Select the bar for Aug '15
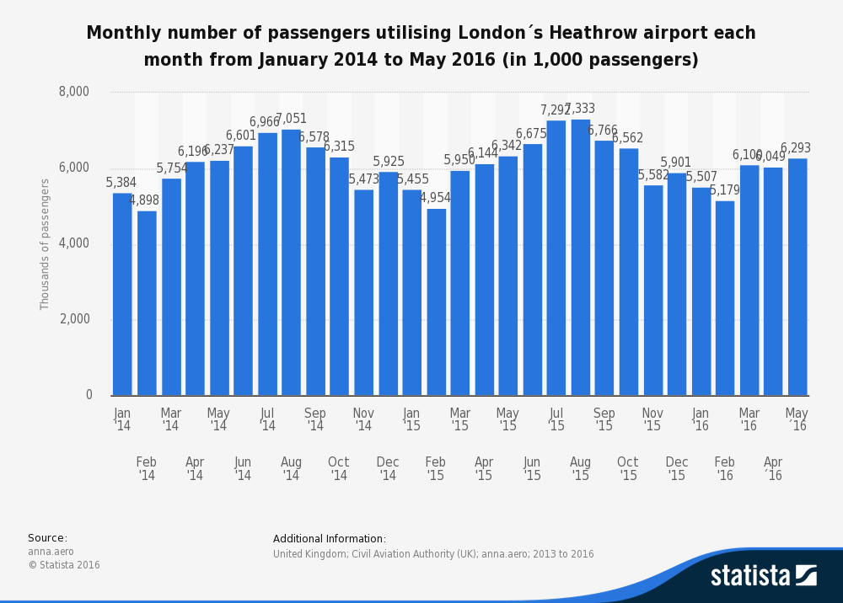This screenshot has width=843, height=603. coord(580,257)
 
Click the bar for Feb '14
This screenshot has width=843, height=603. coord(147,303)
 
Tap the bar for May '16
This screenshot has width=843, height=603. coord(797,277)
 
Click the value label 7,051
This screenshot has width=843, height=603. coord(291,119)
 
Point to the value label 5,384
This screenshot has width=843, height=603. coord(121,183)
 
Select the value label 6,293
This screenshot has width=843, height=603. coord(796,148)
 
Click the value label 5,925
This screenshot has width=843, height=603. coord(389,162)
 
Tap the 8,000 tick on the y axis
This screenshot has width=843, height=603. coord(74,92)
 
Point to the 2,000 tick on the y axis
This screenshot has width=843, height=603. coord(74,319)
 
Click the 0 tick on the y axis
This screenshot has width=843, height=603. coord(89,395)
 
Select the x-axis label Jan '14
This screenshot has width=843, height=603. coord(122,419)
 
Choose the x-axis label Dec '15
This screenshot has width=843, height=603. coord(677,468)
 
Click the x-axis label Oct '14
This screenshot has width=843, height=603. coord(339,468)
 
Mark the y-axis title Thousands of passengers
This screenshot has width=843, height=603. coord(46,243)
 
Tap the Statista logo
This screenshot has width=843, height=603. coord(763,575)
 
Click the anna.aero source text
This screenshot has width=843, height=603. coord(51,552)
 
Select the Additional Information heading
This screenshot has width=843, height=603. coord(330,539)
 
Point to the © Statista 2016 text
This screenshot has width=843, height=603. coord(64,565)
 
